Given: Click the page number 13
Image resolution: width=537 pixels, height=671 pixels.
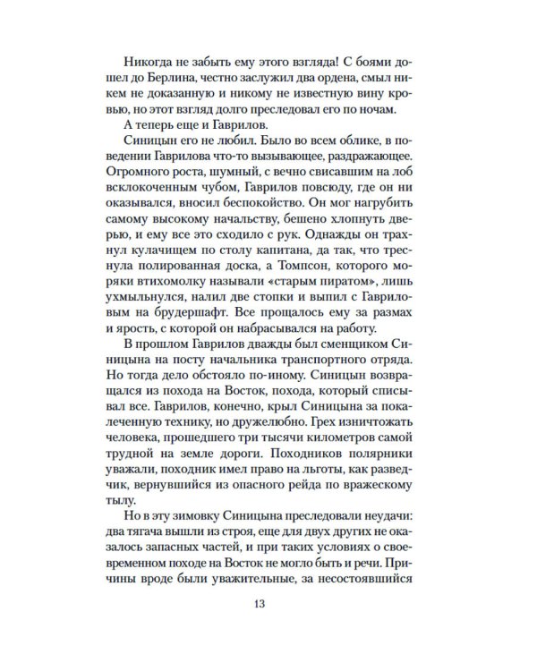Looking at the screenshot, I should (259, 600).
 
